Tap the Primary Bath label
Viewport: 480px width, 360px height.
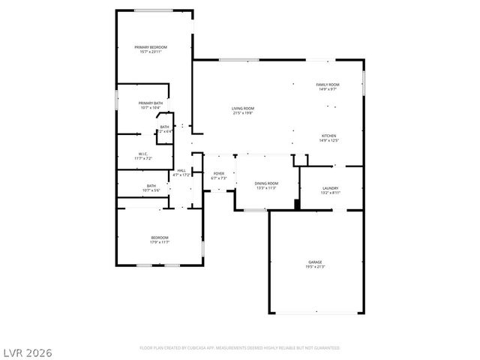[151, 103]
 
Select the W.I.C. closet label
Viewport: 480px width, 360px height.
[143, 154]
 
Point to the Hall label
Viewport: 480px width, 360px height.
[181, 171]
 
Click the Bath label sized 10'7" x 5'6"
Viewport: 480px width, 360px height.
[151, 186]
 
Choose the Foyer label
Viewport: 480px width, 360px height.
[218, 174]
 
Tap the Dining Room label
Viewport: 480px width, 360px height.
[266, 183]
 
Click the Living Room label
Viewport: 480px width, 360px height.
[242, 109]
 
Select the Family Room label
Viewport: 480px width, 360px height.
[328, 85]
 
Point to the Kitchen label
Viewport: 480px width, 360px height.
[328, 136]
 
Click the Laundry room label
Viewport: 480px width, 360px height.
[330, 188]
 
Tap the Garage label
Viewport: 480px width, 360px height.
[315, 262]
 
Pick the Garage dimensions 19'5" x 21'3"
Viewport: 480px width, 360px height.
[315, 266]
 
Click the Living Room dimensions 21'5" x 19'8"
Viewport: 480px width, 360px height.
[242, 113]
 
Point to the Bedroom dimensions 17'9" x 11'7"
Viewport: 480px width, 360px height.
[160, 241]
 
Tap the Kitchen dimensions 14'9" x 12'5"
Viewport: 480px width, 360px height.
[328, 140]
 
